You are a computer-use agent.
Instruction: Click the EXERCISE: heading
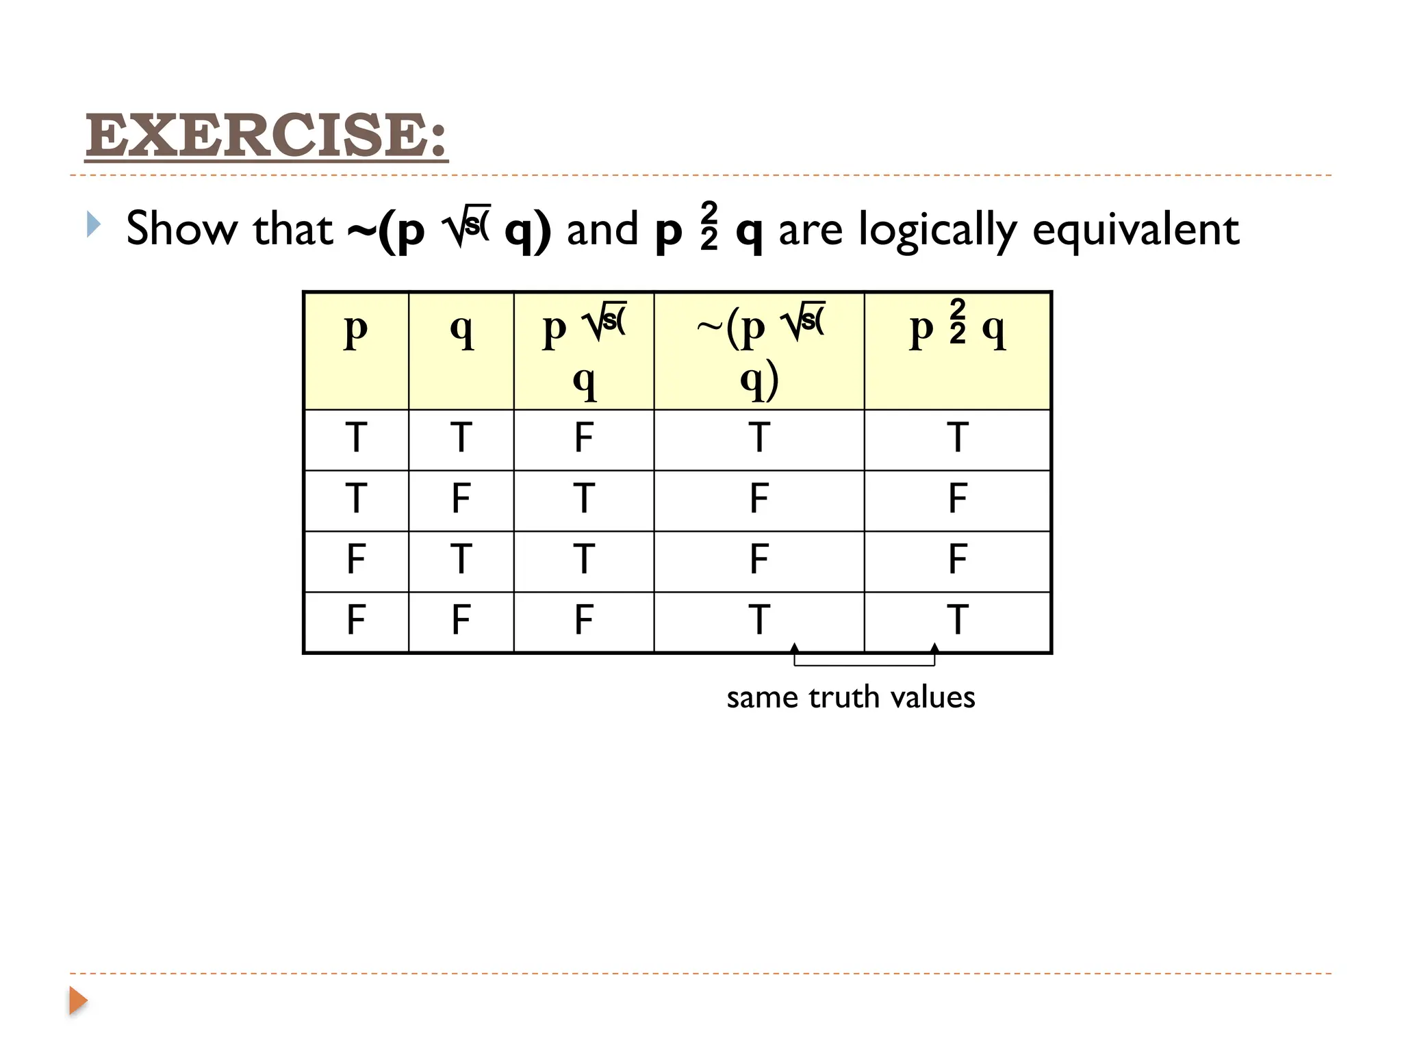(266, 135)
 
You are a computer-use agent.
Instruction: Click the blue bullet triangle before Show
(94, 224)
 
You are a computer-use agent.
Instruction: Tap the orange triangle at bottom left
(78, 1001)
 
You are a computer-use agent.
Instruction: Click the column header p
(355, 330)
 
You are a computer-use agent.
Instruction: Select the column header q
(461, 330)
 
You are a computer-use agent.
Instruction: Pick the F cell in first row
(583, 438)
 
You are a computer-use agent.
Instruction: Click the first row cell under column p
(355, 438)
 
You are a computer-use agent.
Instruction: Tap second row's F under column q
(461, 498)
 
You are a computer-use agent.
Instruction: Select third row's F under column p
(355, 559)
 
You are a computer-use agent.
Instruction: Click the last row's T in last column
(957, 620)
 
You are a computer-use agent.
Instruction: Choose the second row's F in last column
(957, 498)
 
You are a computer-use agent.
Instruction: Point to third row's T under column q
(461, 559)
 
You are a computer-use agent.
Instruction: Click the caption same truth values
(850, 697)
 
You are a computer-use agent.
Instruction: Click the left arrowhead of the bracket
(794, 648)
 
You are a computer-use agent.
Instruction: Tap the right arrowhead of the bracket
(934, 648)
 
